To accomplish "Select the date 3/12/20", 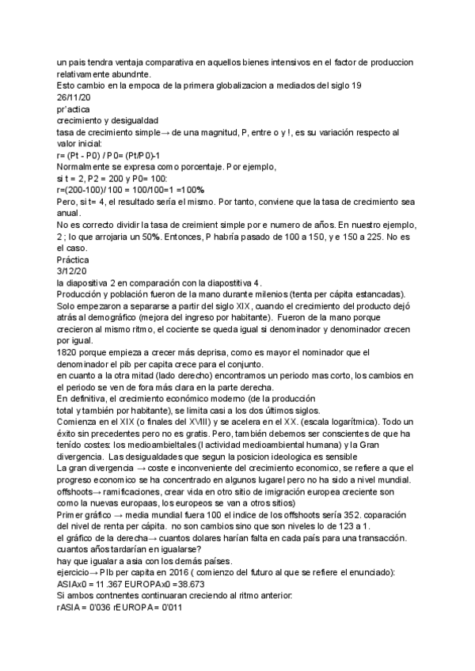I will click(71, 270).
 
